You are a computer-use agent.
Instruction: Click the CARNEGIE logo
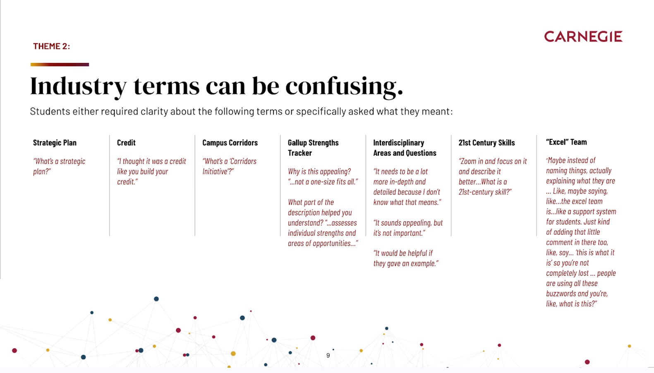(x=583, y=36)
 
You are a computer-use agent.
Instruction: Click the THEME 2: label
(x=51, y=46)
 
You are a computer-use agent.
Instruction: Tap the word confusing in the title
(x=344, y=87)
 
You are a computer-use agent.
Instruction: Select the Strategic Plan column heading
(x=55, y=143)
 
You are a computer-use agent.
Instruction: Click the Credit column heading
(x=126, y=143)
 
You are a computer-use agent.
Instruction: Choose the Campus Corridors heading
(x=230, y=143)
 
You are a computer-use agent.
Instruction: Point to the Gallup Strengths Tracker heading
(x=313, y=148)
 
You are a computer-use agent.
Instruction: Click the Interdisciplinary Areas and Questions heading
(x=405, y=148)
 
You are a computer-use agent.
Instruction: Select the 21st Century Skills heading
(x=487, y=143)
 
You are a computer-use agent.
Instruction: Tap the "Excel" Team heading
(x=566, y=142)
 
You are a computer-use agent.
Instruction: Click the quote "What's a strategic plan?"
(x=59, y=166)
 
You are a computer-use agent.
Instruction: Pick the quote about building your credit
(x=151, y=171)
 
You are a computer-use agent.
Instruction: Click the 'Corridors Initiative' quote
(x=230, y=166)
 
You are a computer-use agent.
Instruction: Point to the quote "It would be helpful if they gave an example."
(x=406, y=258)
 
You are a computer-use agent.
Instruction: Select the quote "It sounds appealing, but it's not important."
(x=408, y=228)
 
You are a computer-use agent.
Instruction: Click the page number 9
(x=328, y=356)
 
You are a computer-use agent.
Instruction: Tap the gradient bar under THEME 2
(x=60, y=65)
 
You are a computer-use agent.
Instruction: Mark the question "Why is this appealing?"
(x=319, y=172)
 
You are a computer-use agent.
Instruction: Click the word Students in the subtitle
(x=50, y=112)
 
